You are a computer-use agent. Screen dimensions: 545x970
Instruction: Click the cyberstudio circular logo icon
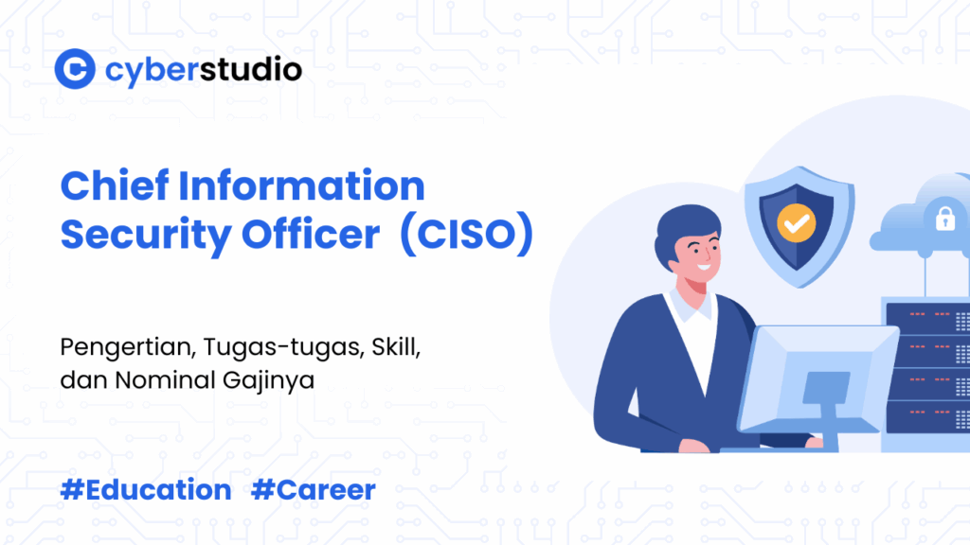(x=75, y=70)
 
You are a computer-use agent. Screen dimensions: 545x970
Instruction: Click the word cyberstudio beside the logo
(x=204, y=70)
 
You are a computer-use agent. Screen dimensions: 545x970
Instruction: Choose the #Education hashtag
(x=146, y=490)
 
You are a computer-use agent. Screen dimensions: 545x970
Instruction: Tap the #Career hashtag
(x=314, y=490)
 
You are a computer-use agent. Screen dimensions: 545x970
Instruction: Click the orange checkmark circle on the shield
(x=795, y=223)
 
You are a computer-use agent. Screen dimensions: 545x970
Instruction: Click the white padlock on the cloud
(x=944, y=220)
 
